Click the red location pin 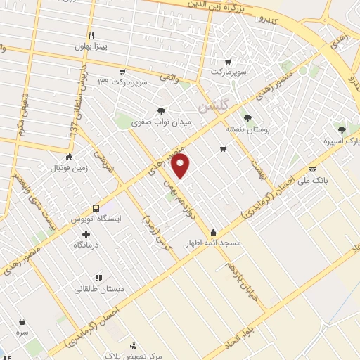tap(181, 166)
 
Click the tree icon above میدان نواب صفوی tap(162, 110)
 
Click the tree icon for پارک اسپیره tap(342, 129)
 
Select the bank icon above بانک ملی tap(312, 169)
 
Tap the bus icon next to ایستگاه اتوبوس tap(96, 208)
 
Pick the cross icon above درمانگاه tap(86, 234)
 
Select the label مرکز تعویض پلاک tap(129, 356)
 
